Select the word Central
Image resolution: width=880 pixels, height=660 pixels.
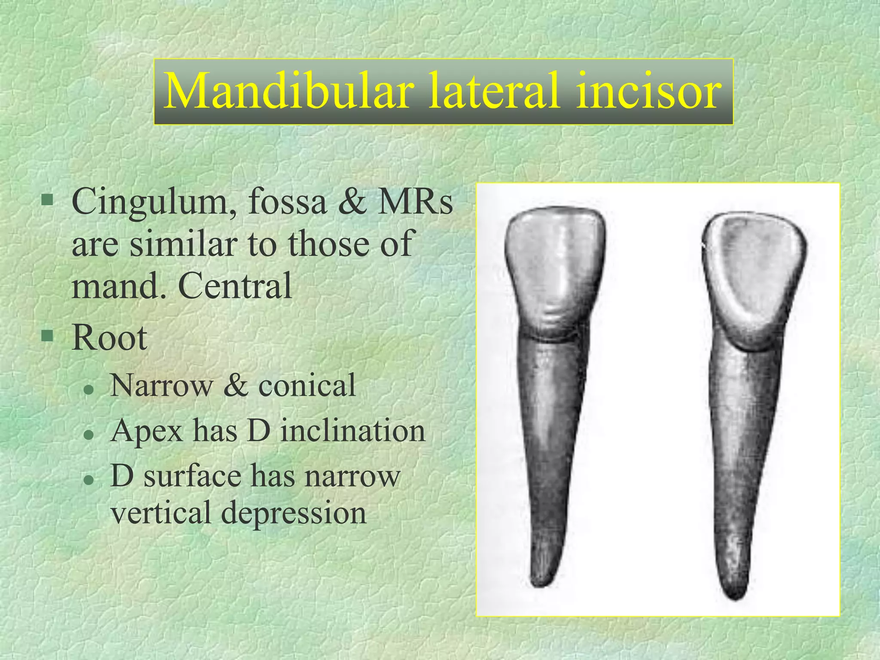tap(235, 285)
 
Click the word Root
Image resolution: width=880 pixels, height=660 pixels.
tap(110, 338)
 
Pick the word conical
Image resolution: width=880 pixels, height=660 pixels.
tap(307, 385)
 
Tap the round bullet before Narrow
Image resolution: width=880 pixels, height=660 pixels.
tap(89, 389)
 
